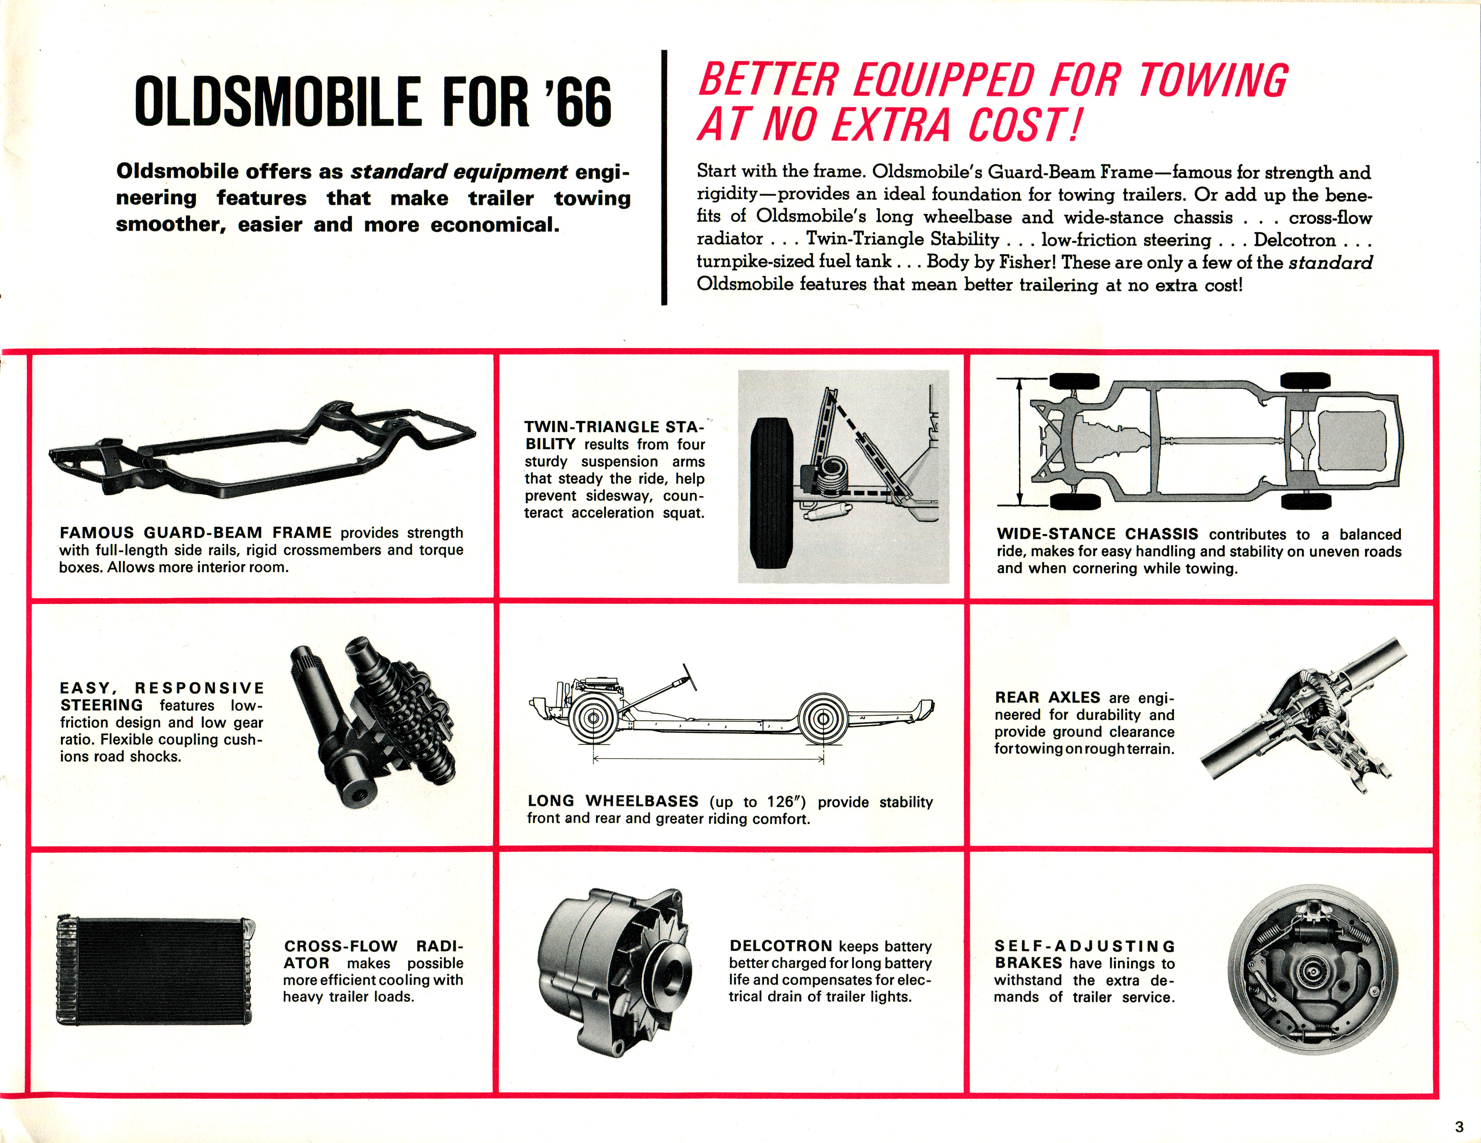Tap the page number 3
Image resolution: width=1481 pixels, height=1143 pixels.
point(1459,1127)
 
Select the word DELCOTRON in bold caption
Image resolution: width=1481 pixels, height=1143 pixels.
point(781,946)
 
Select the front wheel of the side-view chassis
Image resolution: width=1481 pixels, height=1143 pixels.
point(592,718)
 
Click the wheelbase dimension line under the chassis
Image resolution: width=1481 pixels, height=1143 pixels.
point(709,759)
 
